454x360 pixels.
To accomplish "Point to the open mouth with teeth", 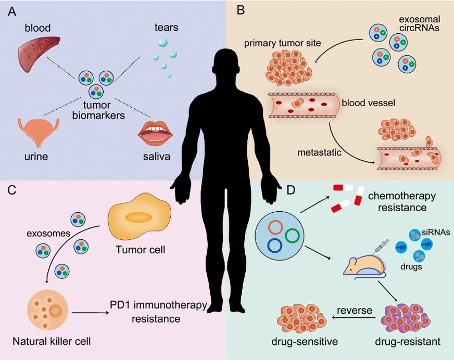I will click(x=155, y=133).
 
